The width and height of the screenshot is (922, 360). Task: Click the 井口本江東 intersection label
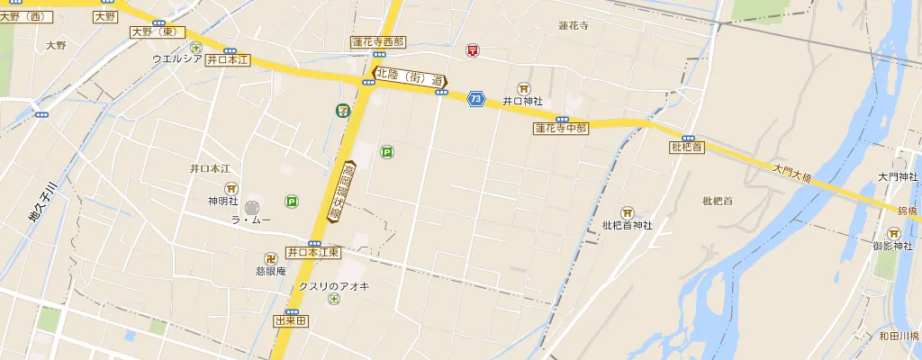pos(313,253)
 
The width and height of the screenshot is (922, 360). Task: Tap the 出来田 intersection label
pos(292,320)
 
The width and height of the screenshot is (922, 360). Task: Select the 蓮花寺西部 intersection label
pos(378,42)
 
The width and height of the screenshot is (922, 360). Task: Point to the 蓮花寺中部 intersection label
pos(561,129)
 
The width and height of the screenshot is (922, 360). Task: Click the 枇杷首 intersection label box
pos(687,147)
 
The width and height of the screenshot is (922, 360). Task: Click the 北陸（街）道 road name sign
pos(411,79)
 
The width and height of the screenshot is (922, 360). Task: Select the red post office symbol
pos(472,51)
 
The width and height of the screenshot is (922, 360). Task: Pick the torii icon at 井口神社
pos(523,87)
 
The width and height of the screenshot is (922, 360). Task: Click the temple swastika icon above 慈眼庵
pos(269,258)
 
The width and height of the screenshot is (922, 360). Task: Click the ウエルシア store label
pos(176,59)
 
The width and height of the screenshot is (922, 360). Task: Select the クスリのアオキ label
pos(333,286)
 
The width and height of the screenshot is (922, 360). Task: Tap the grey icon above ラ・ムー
pos(251,207)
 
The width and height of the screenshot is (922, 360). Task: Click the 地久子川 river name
pos(42,202)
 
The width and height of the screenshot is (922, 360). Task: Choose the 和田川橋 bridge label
pos(898,337)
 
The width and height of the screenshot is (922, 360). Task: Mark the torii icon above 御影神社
pos(893,233)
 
